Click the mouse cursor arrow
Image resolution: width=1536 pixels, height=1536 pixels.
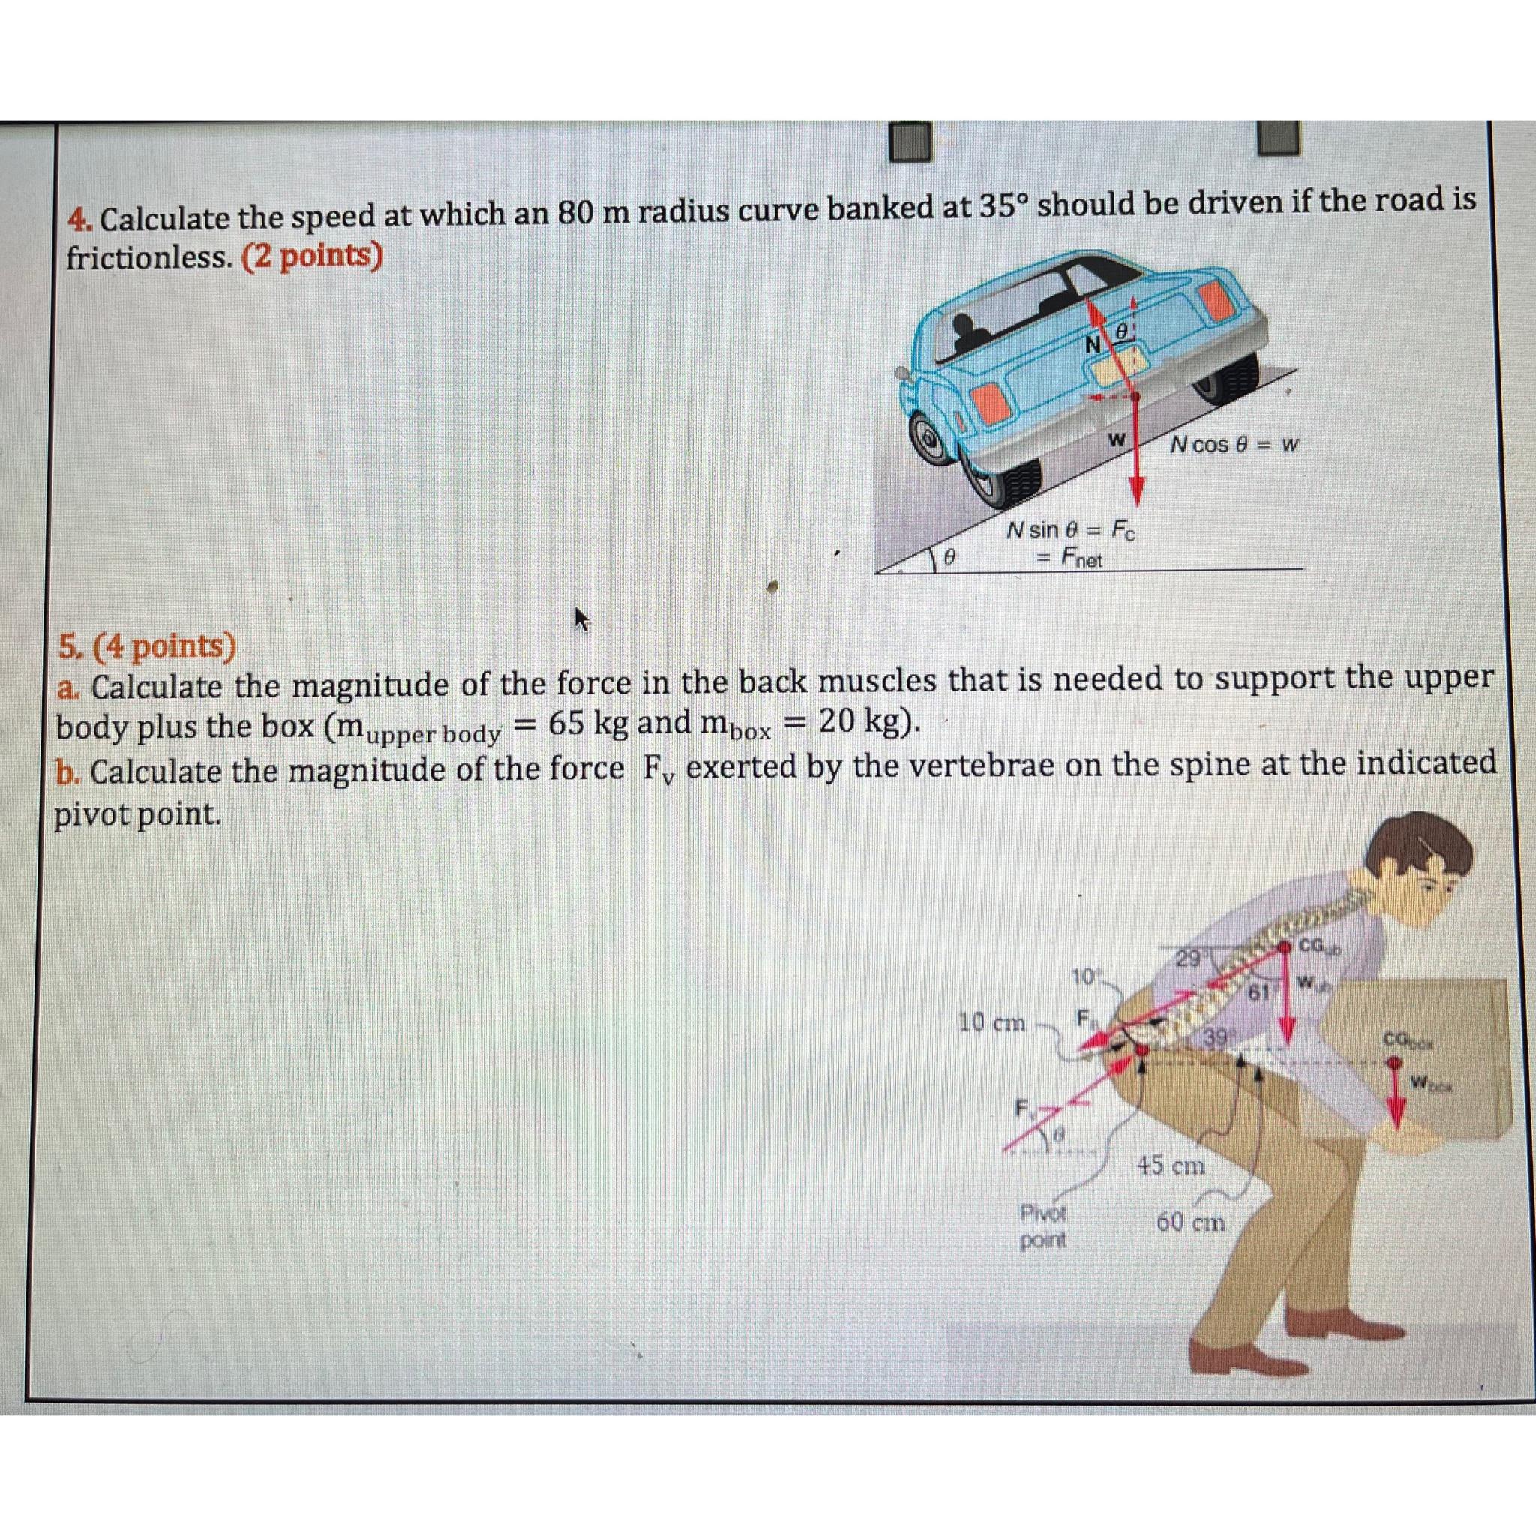click(583, 619)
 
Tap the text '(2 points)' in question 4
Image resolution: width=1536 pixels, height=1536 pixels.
click(313, 256)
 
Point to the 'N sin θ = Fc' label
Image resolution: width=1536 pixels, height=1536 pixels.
click(1071, 529)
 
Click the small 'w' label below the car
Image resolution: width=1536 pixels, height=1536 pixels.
click(1116, 439)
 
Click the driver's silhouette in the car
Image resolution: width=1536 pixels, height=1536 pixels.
click(969, 331)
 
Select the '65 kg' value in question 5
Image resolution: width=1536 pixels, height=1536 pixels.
click(588, 724)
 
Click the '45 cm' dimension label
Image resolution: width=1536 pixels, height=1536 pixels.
click(1171, 1166)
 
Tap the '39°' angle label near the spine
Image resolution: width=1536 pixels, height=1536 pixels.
click(1216, 1036)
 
